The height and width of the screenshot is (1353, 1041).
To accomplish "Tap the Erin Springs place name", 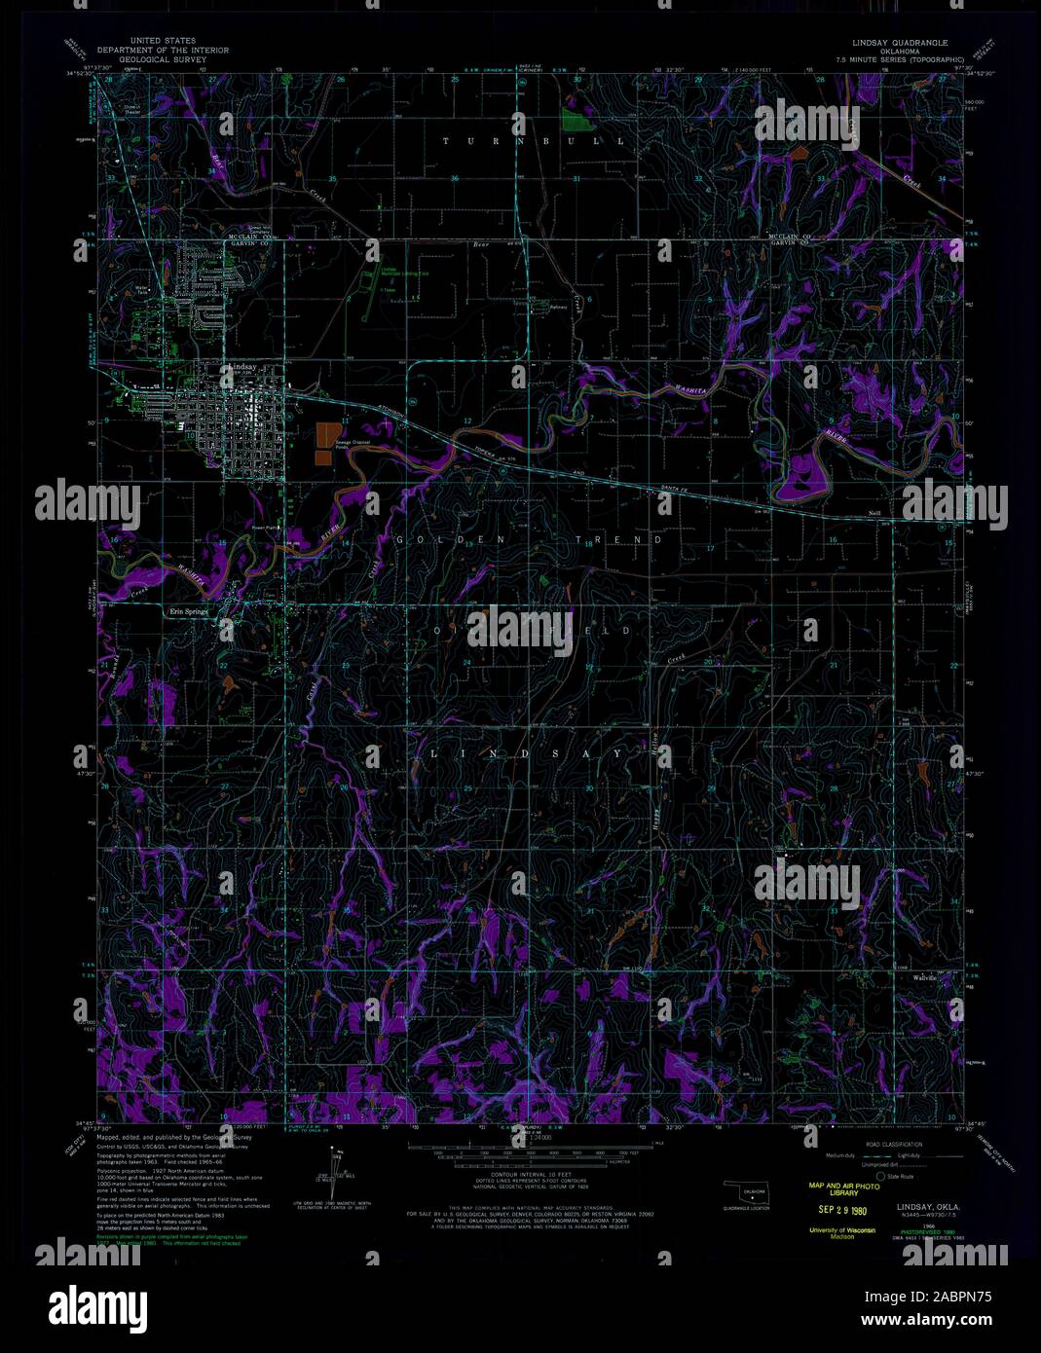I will point(190,611).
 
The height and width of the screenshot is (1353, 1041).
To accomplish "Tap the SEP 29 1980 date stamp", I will point(837,1212).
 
